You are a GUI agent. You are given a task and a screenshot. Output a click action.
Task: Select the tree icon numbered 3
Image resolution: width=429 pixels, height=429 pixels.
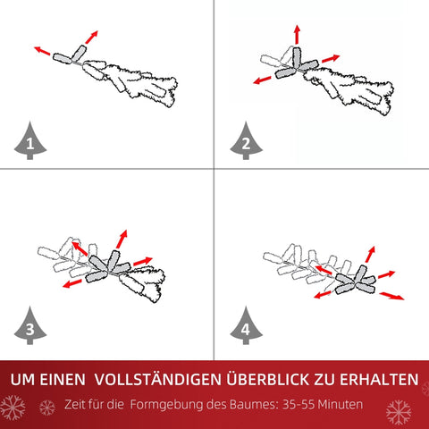point(31,327)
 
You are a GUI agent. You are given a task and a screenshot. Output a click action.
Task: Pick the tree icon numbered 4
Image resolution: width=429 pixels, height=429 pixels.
point(245,327)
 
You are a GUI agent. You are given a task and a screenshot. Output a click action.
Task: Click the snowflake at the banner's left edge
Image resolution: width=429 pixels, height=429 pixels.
point(13,409)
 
